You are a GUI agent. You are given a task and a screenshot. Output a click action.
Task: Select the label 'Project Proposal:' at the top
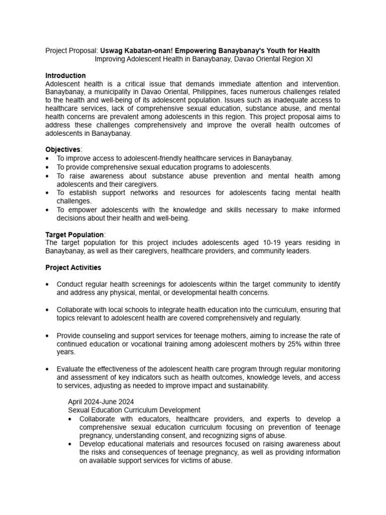pos(71,51)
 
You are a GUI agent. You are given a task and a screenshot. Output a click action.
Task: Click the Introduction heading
pos(65,75)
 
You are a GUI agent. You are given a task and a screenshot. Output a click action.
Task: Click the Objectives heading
pos(63,150)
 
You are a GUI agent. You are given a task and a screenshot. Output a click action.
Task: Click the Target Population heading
pos(74,235)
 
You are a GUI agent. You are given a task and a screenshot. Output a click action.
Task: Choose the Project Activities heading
pos(73,268)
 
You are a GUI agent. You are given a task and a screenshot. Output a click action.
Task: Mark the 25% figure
pos(289,344)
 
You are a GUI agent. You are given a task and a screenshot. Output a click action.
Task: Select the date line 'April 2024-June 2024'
pos(101,402)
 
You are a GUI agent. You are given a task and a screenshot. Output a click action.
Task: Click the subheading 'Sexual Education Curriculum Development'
pos(134,410)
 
